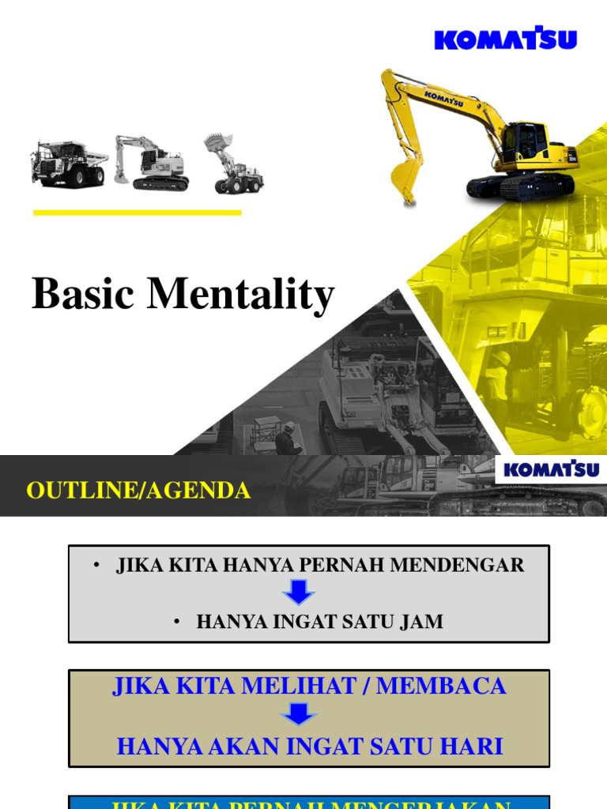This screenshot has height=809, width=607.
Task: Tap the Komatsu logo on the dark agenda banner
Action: point(552,470)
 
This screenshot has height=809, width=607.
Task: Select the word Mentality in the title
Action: point(241,295)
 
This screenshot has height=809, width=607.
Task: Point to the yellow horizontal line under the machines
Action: point(138,212)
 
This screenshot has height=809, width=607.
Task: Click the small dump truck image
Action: point(69,163)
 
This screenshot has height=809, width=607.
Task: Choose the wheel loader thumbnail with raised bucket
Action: point(232,164)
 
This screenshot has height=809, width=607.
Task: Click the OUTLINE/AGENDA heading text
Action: point(138,491)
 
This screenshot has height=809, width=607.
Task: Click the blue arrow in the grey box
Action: point(299,593)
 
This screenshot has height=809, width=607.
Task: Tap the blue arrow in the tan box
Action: point(299,715)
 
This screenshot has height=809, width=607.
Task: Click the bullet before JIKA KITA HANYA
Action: point(96,565)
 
